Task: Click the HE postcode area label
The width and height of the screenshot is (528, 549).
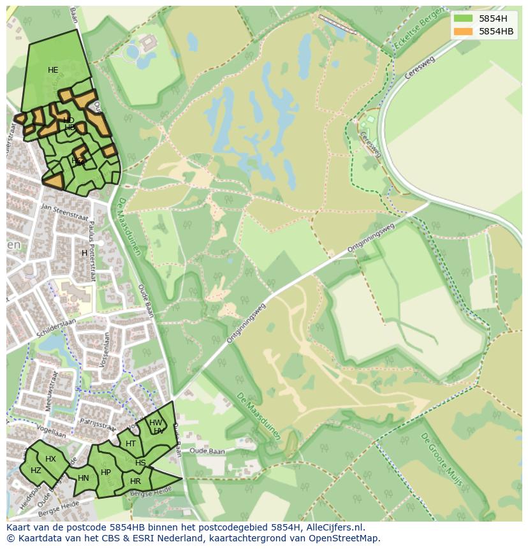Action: coord(53,70)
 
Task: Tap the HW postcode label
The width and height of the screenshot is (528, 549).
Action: coord(156,423)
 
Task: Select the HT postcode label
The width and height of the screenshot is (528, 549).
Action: coord(131,444)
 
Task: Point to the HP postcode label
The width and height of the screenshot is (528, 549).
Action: coord(106,472)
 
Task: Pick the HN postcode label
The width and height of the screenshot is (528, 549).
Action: coord(84,478)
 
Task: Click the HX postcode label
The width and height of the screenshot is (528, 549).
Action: coord(50,459)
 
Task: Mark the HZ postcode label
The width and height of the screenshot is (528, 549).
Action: coord(36,471)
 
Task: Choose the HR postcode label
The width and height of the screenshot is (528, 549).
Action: coord(135,481)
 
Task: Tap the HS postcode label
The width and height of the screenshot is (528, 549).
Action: coord(140,463)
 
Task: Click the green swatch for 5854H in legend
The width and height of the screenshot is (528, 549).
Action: coord(463,18)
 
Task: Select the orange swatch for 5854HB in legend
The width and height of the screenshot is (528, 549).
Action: coord(463,31)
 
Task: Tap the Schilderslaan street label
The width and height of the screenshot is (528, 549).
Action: coord(57,325)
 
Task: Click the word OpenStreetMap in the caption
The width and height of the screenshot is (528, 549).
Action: coord(345,538)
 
